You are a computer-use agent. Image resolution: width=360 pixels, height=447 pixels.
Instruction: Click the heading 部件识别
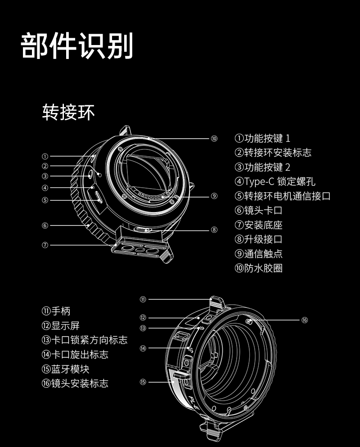click(x=77, y=46)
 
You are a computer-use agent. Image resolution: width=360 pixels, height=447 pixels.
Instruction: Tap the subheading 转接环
click(x=68, y=112)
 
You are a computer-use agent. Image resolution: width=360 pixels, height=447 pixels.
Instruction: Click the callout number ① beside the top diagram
click(x=45, y=156)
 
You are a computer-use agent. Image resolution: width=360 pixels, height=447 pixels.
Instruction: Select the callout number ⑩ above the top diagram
click(x=214, y=139)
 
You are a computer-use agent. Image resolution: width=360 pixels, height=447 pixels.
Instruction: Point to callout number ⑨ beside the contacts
click(x=214, y=196)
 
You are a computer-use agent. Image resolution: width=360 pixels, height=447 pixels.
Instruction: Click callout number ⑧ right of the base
click(x=214, y=230)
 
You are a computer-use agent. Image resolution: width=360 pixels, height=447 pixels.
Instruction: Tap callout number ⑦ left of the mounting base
click(x=45, y=245)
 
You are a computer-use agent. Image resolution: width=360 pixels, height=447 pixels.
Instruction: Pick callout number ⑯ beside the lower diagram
click(x=305, y=320)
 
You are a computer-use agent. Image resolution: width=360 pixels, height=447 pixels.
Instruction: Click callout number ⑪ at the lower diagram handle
click(x=143, y=299)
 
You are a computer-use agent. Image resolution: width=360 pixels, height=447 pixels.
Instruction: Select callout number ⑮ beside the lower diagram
click(x=143, y=382)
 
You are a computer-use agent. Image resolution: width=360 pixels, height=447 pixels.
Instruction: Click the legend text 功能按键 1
click(x=267, y=139)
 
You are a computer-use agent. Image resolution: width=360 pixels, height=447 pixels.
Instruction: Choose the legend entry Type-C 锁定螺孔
click(x=279, y=181)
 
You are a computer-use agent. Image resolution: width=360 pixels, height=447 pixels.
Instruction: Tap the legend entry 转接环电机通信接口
click(x=287, y=196)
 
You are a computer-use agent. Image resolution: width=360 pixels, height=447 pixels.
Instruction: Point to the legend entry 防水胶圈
click(x=263, y=268)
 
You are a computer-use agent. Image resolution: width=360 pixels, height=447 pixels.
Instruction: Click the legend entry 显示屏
click(x=66, y=325)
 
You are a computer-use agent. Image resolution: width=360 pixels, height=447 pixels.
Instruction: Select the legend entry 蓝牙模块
click(x=70, y=369)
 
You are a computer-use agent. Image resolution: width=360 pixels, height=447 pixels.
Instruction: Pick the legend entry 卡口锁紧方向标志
click(x=90, y=340)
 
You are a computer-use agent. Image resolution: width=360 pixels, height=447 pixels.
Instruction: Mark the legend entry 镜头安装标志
click(x=80, y=383)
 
